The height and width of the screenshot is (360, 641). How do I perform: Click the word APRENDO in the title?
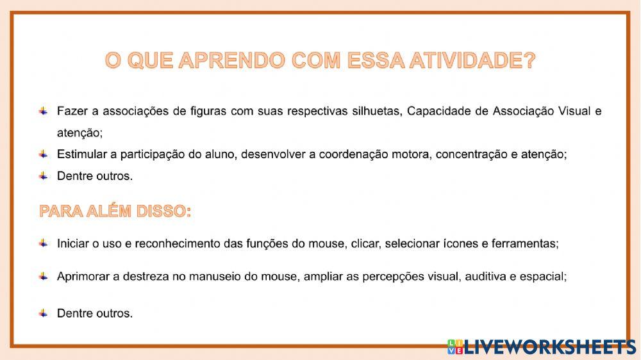[231, 61]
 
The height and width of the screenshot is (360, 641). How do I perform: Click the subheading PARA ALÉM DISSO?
[115, 211]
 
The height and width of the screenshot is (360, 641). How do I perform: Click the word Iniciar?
[76, 243]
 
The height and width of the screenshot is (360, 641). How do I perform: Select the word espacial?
[545, 277]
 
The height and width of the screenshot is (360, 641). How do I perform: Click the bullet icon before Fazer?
[43, 111]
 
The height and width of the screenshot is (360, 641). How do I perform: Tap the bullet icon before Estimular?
[43, 154]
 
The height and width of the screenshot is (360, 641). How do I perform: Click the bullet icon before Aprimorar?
[43, 276]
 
